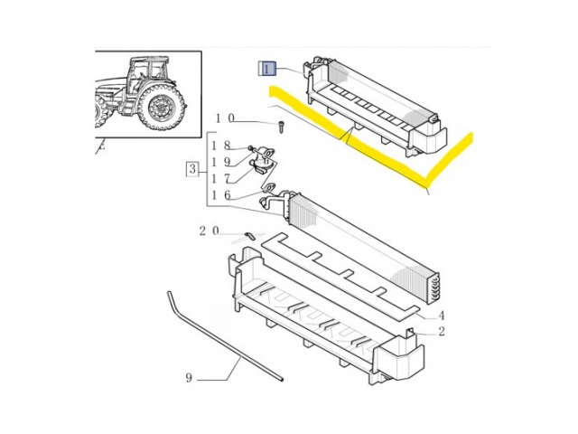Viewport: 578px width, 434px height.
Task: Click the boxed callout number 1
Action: pos(268,68)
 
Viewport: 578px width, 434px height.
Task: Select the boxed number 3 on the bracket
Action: pos(191,168)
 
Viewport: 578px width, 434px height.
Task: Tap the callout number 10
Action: pos(225,118)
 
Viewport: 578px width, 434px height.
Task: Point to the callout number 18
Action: pos(221,146)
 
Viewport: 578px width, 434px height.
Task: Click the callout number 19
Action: pos(221,162)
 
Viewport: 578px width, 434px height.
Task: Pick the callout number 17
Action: pos(221,178)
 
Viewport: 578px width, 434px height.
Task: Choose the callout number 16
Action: pos(221,195)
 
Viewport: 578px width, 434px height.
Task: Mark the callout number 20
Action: pos(210,231)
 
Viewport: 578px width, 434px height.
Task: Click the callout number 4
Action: pos(442,316)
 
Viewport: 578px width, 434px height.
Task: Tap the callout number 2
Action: pos(442,332)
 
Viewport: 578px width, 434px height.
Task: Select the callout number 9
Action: pos(189,378)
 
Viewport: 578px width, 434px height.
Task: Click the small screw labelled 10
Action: pos(281,124)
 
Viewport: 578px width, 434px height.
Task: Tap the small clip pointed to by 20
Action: pos(247,236)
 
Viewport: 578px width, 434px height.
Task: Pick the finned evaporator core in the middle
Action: pos(361,242)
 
